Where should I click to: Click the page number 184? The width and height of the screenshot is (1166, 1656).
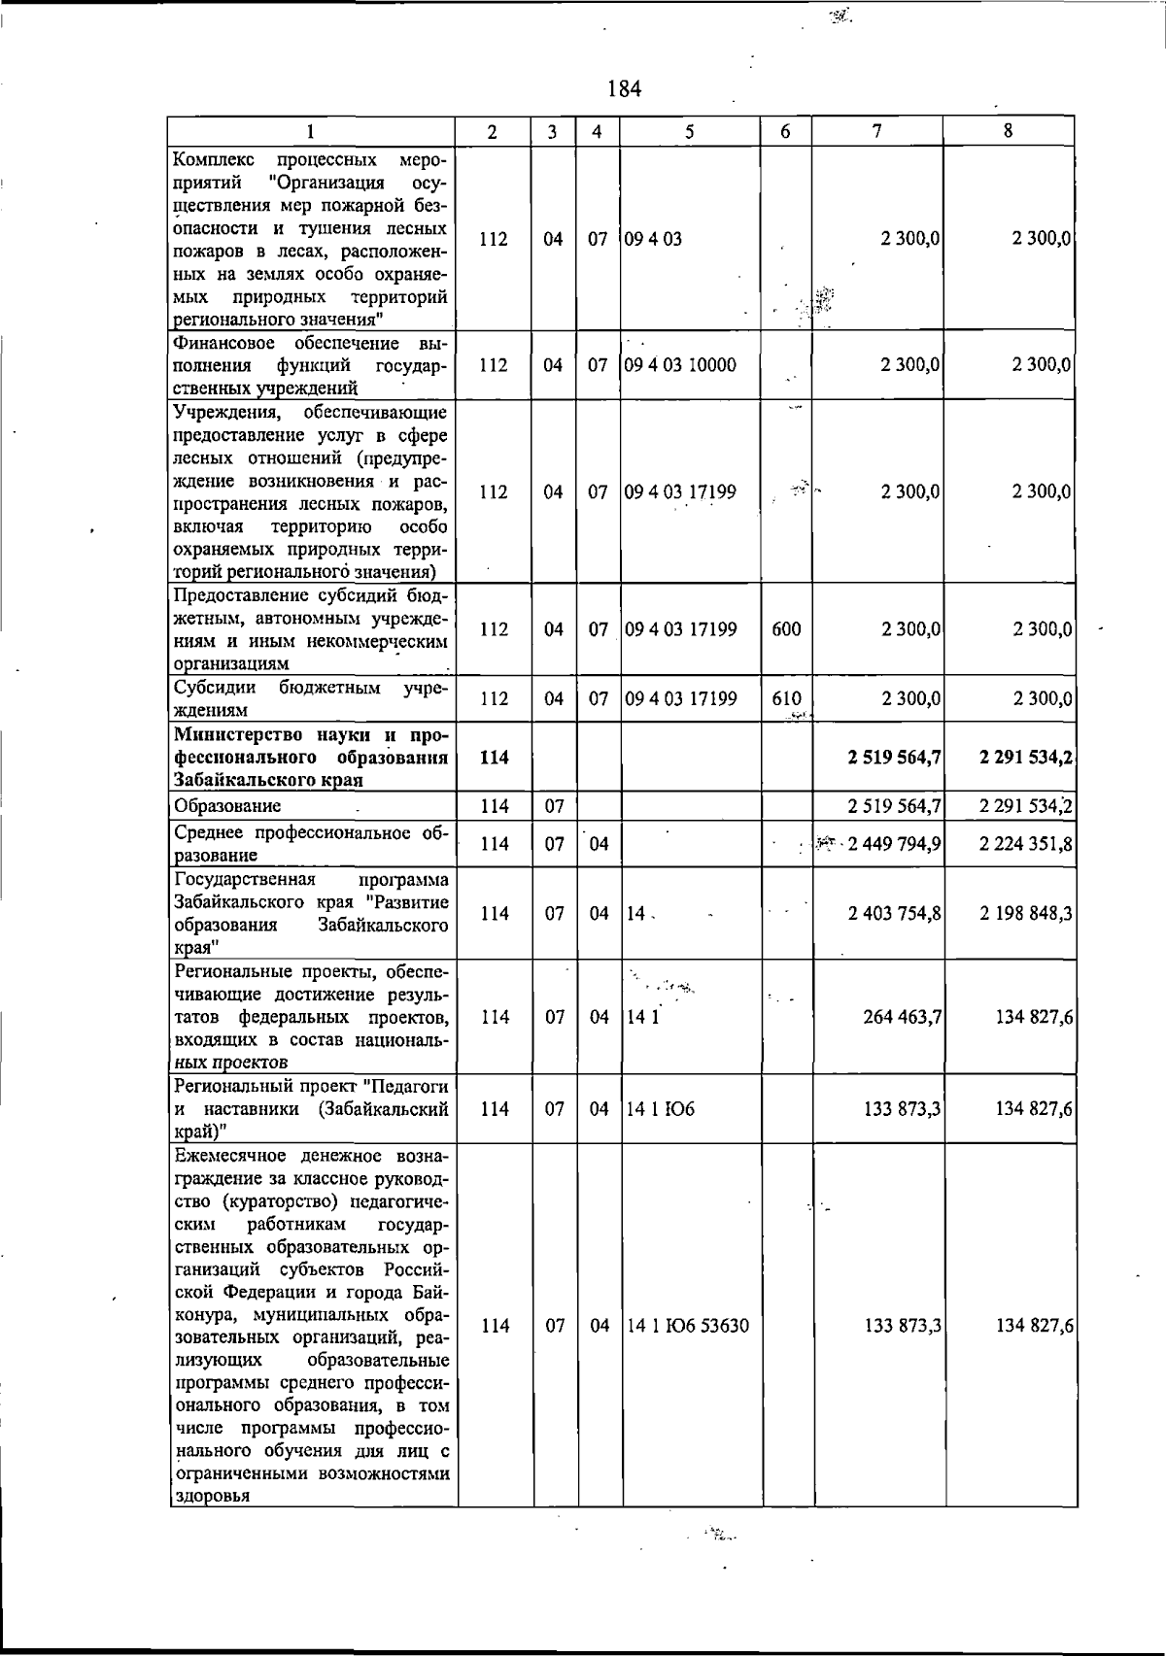(624, 89)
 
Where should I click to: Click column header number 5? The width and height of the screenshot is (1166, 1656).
(690, 131)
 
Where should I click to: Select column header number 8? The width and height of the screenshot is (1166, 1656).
(1009, 130)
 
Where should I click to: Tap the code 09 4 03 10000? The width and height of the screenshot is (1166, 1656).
(680, 365)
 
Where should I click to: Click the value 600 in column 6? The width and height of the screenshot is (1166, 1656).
(786, 629)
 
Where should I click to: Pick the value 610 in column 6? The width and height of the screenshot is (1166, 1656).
(786, 698)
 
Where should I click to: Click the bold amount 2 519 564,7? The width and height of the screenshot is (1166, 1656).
(894, 757)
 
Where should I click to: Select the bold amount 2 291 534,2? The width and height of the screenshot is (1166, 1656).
(1026, 757)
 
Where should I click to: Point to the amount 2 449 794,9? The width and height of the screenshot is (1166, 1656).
(894, 844)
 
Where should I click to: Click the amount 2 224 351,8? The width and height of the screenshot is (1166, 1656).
(1026, 844)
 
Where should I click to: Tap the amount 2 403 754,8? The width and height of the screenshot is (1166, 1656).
(894, 913)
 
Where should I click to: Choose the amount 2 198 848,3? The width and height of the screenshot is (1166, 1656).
(1026, 913)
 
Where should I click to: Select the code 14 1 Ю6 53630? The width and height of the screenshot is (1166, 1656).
(688, 1326)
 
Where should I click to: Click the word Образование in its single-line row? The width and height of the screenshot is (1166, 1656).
(227, 806)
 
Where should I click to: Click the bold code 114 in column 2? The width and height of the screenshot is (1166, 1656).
(495, 757)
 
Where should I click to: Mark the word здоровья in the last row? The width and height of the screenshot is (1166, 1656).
(211, 1523)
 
